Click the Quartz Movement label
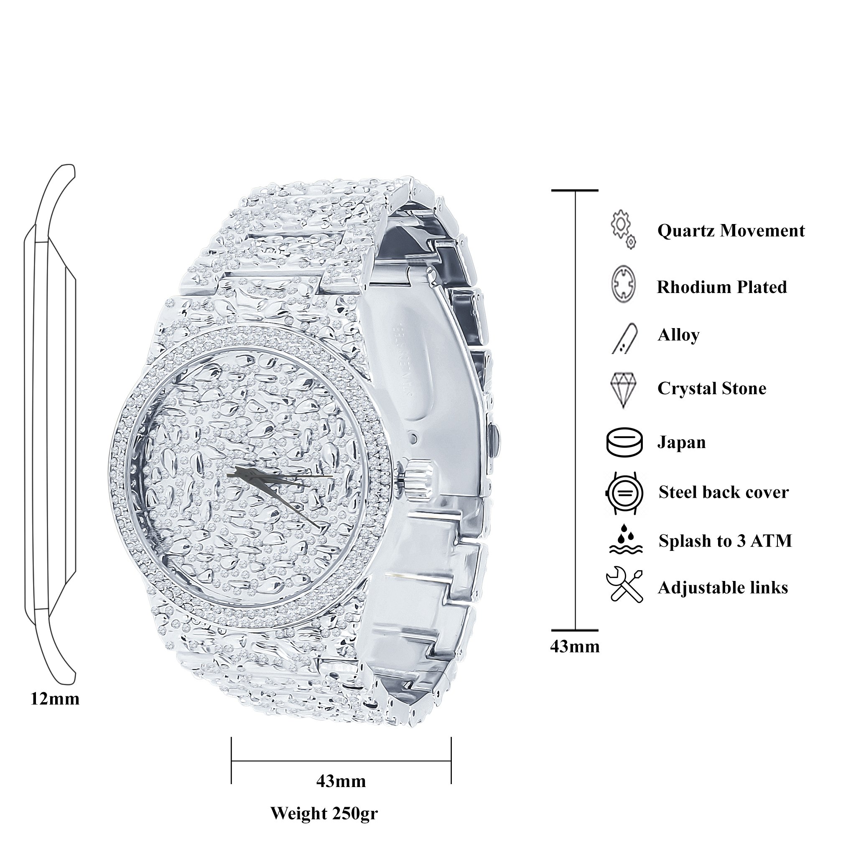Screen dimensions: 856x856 click(731, 231)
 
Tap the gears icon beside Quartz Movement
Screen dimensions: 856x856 click(623, 229)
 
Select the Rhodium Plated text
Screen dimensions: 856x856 click(722, 287)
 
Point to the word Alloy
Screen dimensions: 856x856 click(678, 335)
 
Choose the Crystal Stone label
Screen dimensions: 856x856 click(711, 389)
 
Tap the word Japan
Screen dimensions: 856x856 click(681, 443)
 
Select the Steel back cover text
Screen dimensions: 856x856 click(724, 492)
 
